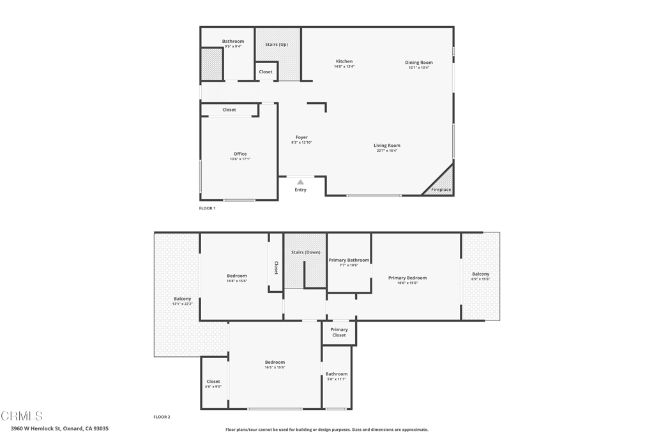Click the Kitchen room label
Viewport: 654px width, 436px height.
click(x=344, y=61)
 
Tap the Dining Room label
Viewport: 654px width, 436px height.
click(x=418, y=63)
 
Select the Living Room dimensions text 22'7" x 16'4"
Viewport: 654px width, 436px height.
click(x=387, y=151)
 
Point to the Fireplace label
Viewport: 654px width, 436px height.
click(x=441, y=190)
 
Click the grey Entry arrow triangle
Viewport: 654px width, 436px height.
click(x=300, y=182)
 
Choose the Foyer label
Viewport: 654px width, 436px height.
click(x=301, y=137)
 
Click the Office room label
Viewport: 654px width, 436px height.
click(x=240, y=154)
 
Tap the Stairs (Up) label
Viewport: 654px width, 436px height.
click(x=277, y=45)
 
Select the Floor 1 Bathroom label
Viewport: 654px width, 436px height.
click(x=233, y=41)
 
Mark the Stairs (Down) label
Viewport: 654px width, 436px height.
click(x=305, y=252)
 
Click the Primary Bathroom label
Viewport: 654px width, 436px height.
click(x=349, y=260)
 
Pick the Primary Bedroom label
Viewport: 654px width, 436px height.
click(x=407, y=278)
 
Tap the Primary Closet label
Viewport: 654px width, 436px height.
click(x=339, y=332)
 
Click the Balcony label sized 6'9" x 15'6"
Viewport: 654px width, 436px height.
click(x=480, y=274)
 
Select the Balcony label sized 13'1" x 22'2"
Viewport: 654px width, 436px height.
click(x=182, y=299)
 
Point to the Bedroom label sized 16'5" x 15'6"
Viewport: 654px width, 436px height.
click(x=275, y=362)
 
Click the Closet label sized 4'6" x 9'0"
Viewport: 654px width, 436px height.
click(x=213, y=382)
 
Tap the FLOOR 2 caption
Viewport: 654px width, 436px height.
click(x=162, y=417)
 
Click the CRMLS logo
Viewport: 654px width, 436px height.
click(x=22, y=416)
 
